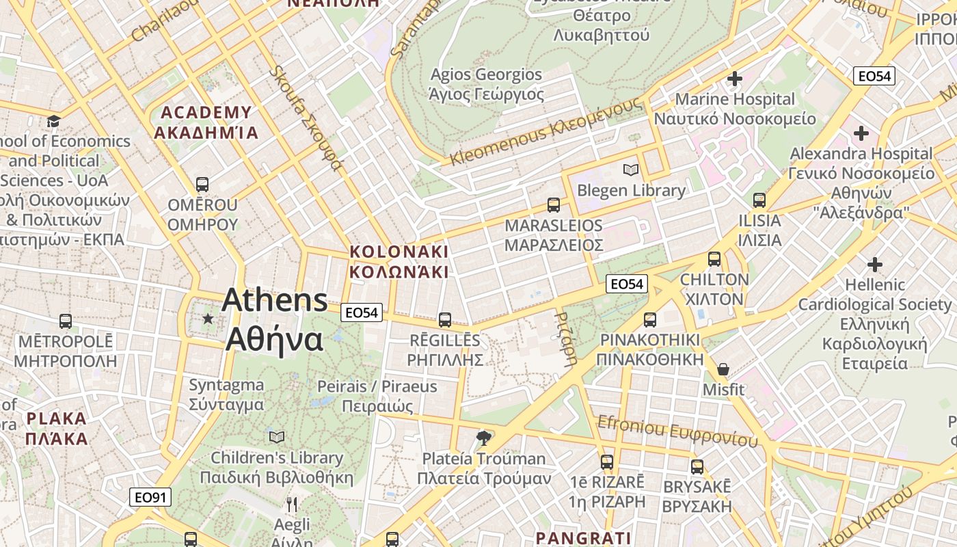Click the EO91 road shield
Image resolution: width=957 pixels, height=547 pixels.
point(150,497)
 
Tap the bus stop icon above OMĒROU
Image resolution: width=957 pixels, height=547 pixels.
point(202,184)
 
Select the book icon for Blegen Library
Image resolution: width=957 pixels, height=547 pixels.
point(630,170)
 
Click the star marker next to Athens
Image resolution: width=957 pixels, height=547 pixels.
point(208,319)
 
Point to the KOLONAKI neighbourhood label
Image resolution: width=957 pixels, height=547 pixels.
point(399,261)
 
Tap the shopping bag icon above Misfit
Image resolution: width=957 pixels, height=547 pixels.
point(723,369)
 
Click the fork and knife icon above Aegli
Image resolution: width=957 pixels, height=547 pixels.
point(292,505)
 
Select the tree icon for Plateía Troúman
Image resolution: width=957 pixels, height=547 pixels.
point(484,438)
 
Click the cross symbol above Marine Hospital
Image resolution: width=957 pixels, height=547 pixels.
point(735,79)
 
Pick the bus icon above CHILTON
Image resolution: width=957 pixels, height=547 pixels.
point(714,259)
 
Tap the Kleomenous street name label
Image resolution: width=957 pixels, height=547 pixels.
point(546,131)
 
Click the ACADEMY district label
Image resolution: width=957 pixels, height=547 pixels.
point(206,122)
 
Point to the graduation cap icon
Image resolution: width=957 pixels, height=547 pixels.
point(53,121)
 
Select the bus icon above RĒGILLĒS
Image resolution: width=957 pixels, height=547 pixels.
point(445,319)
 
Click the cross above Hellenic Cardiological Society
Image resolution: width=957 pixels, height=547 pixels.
point(874,264)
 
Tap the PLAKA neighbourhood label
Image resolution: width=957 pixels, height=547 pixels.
point(57,428)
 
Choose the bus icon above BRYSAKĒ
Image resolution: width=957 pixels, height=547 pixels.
point(697,467)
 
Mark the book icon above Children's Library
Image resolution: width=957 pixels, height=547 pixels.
point(277,437)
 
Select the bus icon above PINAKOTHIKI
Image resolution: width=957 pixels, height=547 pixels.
point(649,319)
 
